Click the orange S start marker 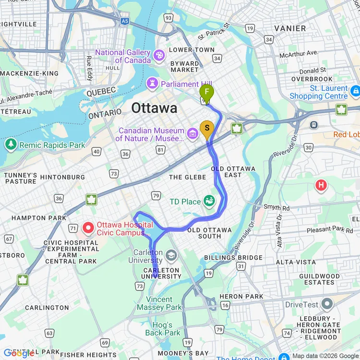pyautogui.click(x=207, y=128)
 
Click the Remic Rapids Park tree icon pyautogui.click(x=11, y=144)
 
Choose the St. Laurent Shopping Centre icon pyautogui.click(x=355, y=90)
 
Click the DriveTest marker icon pyautogui.click(x=327, y=304)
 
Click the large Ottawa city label pyautogui.click(x=154, y=108)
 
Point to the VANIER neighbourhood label pyautogui.click(x=289, y=28)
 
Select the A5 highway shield pyautogui.click(x=125, y=22)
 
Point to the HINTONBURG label pyautogui.click(x=62, y=177)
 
